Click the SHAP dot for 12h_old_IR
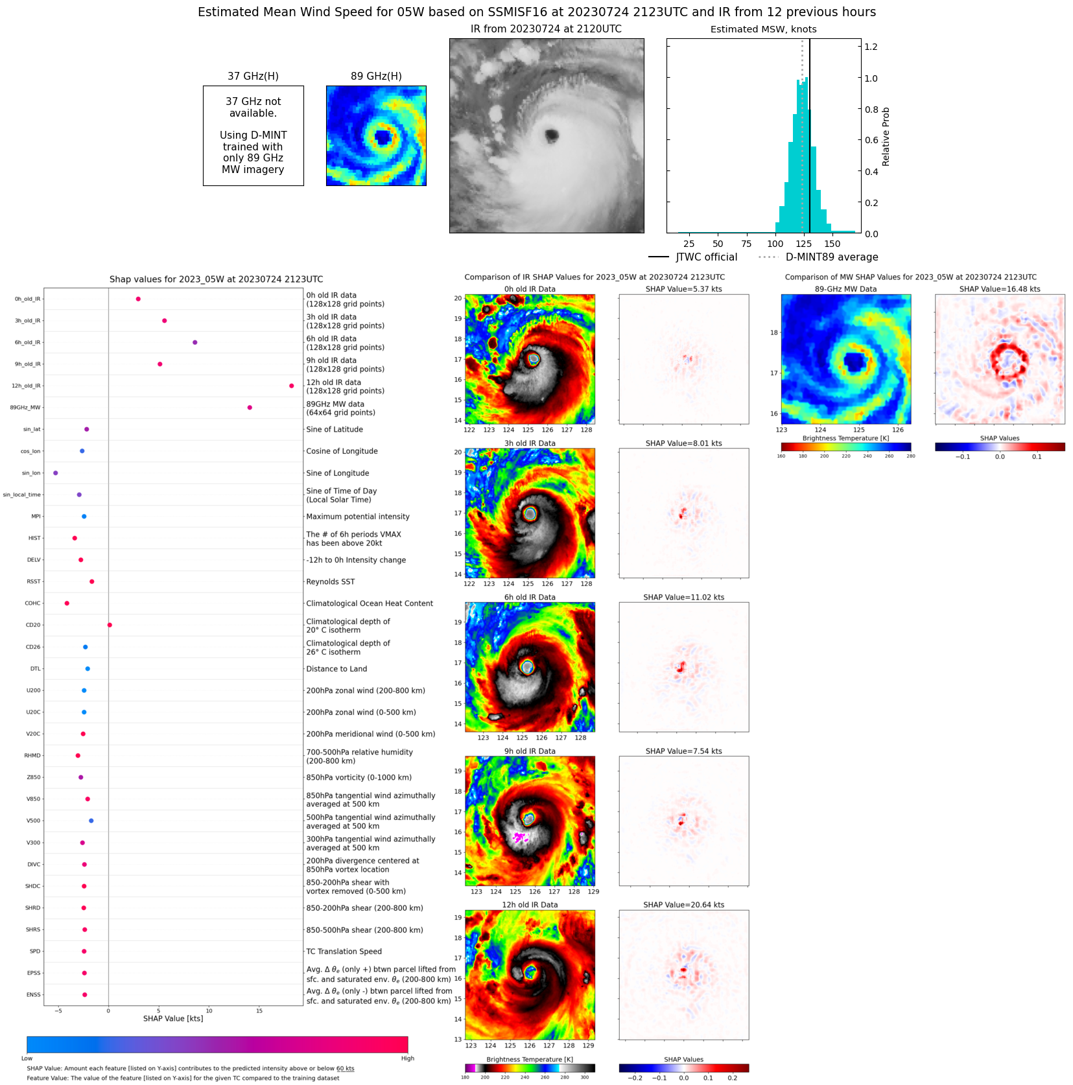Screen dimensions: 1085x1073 click(x=291, y=386)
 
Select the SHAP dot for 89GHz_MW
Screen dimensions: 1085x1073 click(x=250, y=408)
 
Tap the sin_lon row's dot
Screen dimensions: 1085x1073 click(x=55, y=473)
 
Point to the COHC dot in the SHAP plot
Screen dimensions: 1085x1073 click(x=67, y=603)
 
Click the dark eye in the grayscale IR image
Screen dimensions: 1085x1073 click(x=552, y=135)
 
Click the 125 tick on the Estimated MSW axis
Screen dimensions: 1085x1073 click(x=803, y=244)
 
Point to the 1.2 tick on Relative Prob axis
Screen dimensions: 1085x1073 click(x=871, y=47)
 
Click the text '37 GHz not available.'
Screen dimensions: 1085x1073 click(x=253, y=108)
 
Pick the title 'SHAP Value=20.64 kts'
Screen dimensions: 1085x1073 click(x=683, y=905)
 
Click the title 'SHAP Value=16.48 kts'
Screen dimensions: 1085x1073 click(x=999, y=289)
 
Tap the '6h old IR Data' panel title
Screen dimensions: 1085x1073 click(x=530, y=598)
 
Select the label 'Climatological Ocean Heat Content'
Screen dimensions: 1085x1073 click(x=370, y=603)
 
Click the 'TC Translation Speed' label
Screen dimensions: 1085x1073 click(x=344, y=951)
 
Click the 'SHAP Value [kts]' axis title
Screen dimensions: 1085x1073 click(x=173, y=1019)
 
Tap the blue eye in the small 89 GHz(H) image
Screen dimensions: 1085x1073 click(x=383, y=137)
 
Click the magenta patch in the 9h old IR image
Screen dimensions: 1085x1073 click(x=519, y=837)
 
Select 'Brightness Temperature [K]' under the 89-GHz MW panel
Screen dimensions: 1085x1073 click(x=845, y=438)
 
